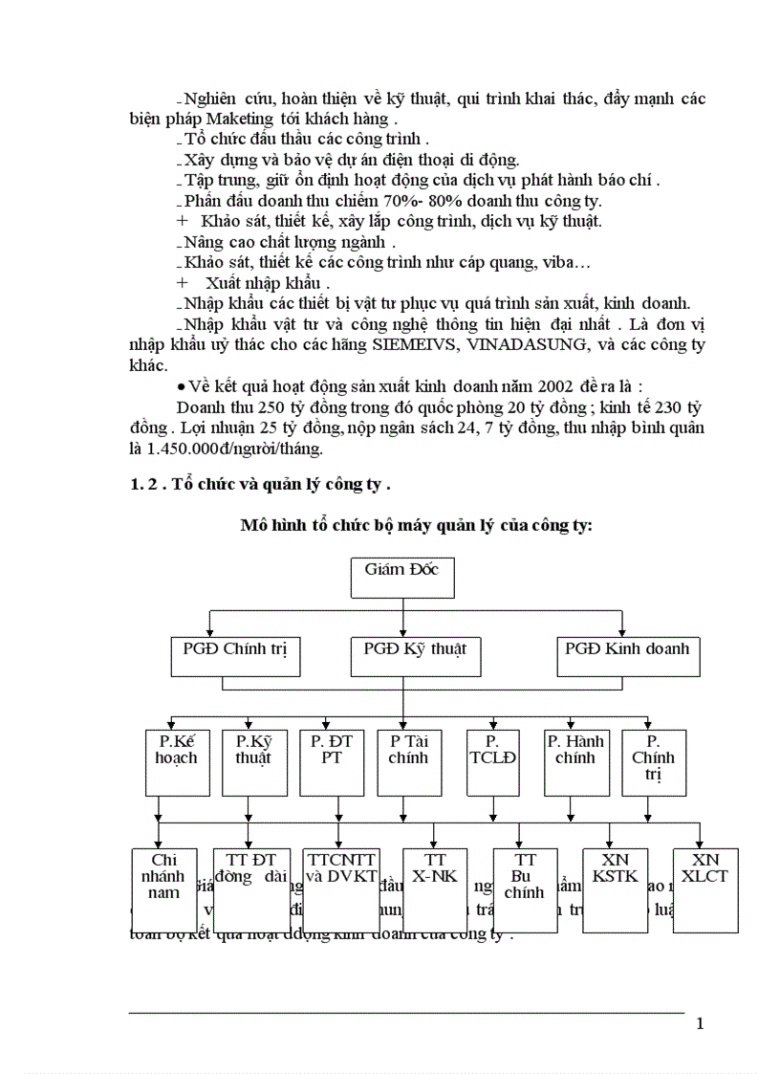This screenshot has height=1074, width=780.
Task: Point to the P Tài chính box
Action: click(402, 762)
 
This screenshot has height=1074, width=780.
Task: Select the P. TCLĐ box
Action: click(492, 762)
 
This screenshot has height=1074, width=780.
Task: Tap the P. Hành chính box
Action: click(576, 762)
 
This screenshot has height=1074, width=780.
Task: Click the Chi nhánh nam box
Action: click(164, 889)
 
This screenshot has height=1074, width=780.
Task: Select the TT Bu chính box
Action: click(525, 889)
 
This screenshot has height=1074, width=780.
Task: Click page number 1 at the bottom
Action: click(700, 1024)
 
